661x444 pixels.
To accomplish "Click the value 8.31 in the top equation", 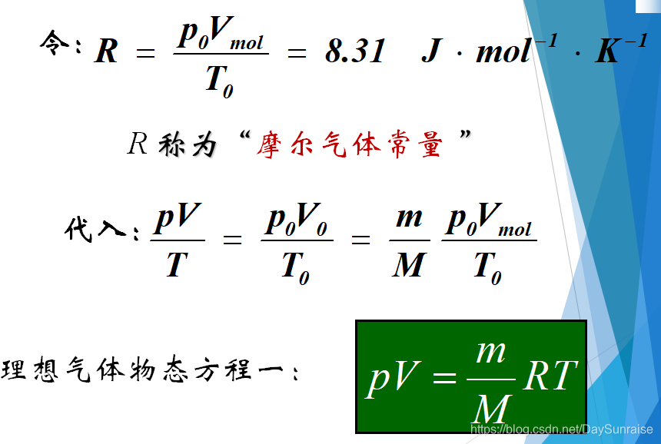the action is (354, 51).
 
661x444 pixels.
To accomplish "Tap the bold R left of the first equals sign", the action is (106, 52).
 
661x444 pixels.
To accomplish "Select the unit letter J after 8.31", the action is (432, 51).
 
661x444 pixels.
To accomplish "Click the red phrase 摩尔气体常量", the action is (350, 144).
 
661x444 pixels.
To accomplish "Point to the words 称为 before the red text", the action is (187, 144).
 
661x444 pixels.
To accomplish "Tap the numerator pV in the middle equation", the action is (178, 219).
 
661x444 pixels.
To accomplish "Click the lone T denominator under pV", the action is (177, 265).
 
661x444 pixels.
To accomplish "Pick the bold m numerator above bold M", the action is (408, 217).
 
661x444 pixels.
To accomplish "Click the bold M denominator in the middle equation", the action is (408, 265).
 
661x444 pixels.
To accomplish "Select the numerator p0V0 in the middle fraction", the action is (297, 220).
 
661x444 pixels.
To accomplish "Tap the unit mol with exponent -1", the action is (511, 50).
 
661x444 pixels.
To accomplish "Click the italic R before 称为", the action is (137, 144).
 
